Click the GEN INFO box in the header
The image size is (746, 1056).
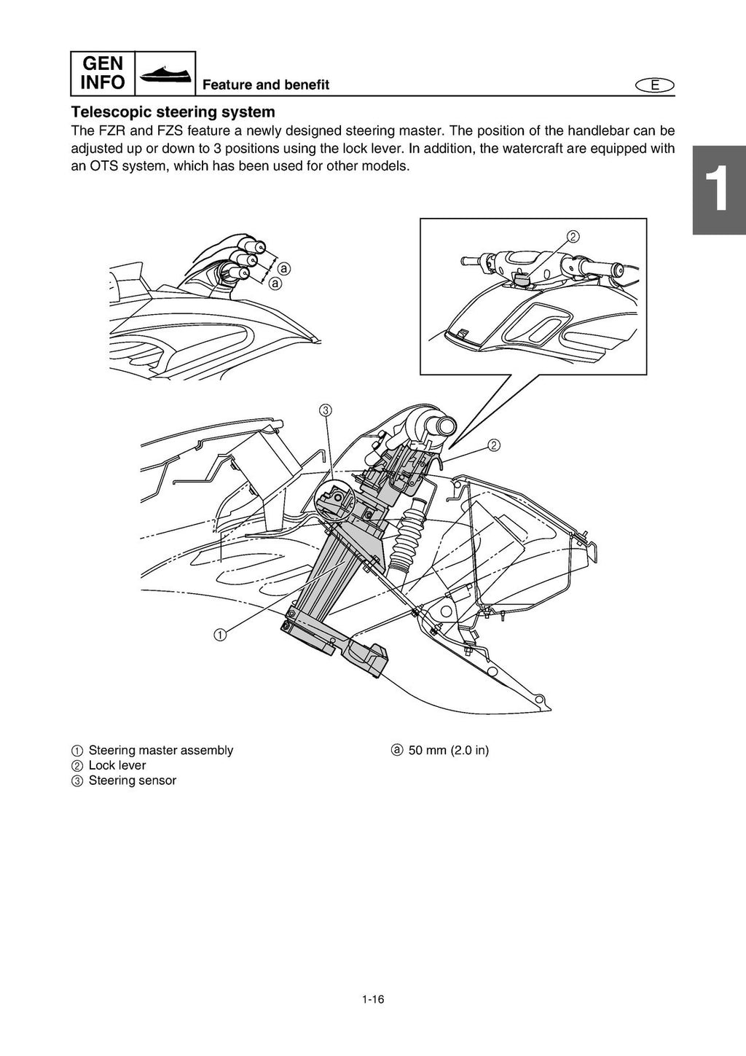click(x=103, y=73)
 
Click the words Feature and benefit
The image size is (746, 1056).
click(x=265, y=85)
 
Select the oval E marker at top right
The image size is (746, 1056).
click(x=654, y=85)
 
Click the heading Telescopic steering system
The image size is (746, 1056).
click(x=173, y=112)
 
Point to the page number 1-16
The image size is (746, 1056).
click(x=372, y=999)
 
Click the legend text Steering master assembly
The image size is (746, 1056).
click(x=160, y=750)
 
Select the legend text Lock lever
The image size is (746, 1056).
click(x=117, y=765)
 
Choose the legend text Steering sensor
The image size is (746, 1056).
click(x=132, y=781)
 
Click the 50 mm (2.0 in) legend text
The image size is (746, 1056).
click(x=448, y=750)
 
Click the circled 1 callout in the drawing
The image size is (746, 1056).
click(x=219, y=634)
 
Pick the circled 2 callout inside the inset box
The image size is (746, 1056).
click(x=573, y=236)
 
